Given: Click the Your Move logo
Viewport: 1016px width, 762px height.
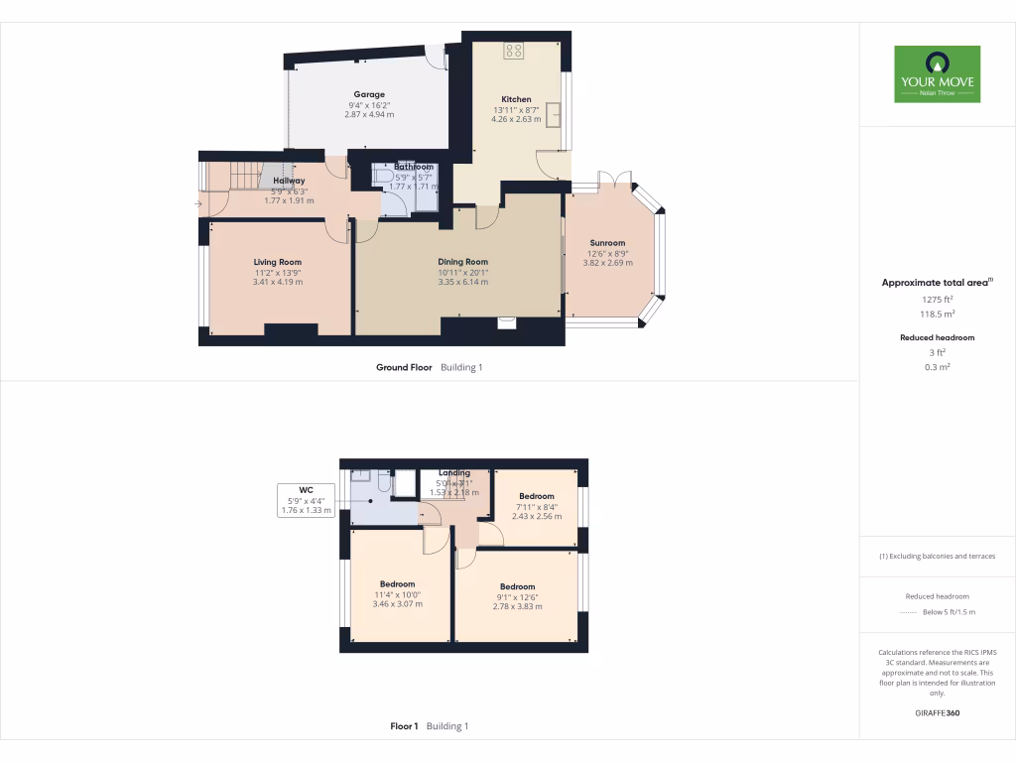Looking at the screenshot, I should tap(937, 73).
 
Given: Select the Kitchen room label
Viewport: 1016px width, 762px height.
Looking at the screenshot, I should tap(516, 99).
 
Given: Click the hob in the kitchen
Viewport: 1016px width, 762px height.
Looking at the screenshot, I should tap(514, 50).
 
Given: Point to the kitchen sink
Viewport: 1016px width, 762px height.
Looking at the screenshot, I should tap(555, 116).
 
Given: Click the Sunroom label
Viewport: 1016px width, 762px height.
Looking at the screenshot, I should tap(607, 243).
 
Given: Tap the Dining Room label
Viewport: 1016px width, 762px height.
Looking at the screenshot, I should tap(463, 262).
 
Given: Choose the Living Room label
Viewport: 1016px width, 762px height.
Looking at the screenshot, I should tap(278, 262).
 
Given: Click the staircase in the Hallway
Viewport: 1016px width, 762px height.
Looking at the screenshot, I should tap(245, 176).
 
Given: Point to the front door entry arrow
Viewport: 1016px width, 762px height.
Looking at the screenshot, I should tap(198, 204).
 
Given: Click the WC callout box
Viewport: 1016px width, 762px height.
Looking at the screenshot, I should tap(305, 500).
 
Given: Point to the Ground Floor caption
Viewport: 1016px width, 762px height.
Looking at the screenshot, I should tap(404, 367).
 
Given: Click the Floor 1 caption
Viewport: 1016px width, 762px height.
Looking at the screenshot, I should tap(404, 726).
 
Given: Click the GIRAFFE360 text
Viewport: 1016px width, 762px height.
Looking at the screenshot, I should tap(938, 713).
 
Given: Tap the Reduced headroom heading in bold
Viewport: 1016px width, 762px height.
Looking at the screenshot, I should tap(938, 337).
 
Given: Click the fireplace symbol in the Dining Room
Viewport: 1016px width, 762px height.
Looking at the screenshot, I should tap(507, 320).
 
